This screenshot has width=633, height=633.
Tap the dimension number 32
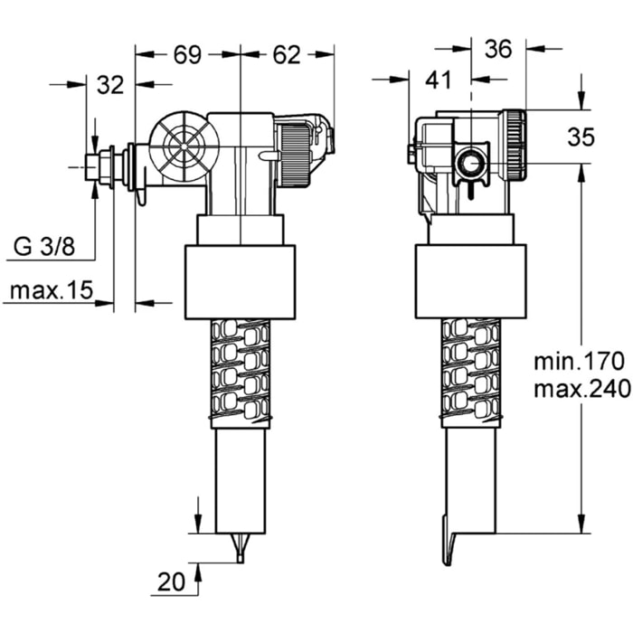click(109, 85)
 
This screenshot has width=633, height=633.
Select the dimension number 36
click(499, 51)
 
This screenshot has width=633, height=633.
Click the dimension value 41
click(438, 80)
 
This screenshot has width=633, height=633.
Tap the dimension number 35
click(581, 137)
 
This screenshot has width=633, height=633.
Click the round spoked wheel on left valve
click(184, 146)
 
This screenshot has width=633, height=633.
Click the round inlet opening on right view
click(470, 164)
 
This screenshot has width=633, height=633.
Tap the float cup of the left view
click(240, 281)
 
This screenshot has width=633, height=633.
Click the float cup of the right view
click(470, 281)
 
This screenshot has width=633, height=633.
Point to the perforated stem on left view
click(240, 372)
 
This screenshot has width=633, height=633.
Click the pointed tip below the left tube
click(240, 548)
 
